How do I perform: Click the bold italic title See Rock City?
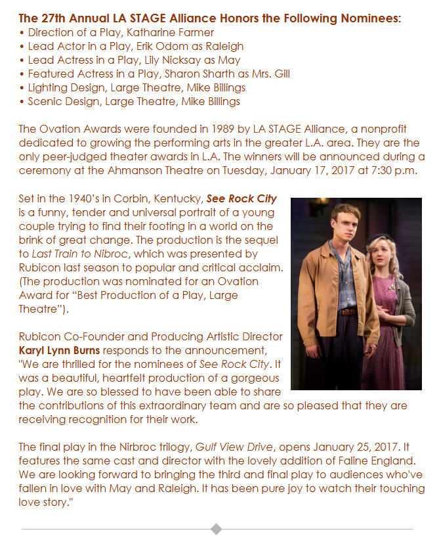tap(242, 199)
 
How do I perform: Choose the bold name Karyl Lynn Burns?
tap(60, 351)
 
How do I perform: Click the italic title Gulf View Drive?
tap(228, 447)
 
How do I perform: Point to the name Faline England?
tap(376, 461)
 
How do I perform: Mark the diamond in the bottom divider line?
tap(216, 529)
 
